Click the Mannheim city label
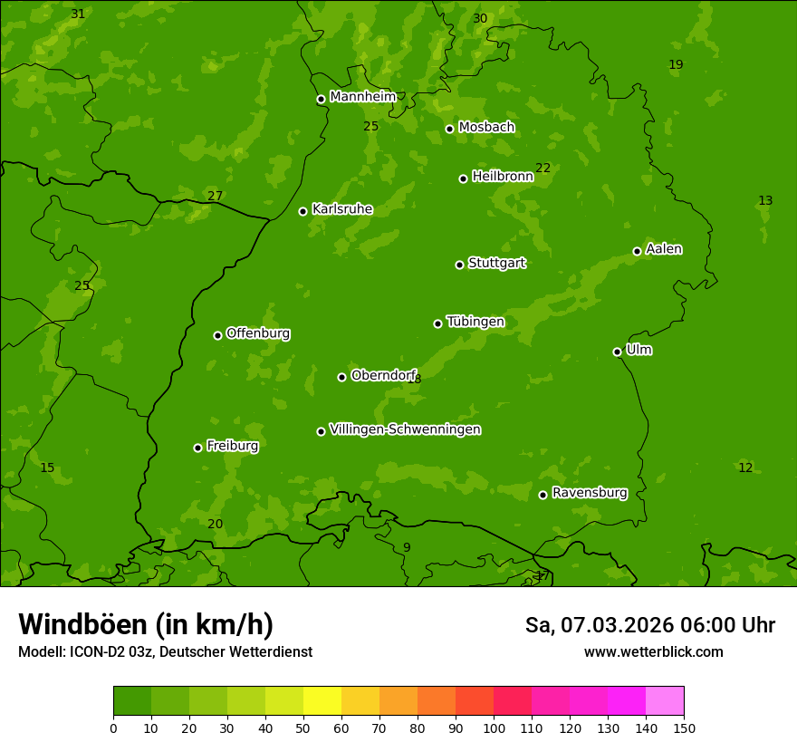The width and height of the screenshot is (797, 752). point(362,97)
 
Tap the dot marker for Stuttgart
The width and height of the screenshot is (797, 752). point(459,265)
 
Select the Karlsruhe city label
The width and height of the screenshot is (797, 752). point(341,209)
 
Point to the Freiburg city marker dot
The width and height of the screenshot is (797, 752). point(197,448)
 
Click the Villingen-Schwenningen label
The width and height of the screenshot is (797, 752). point(405,429)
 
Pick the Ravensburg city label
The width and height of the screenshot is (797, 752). point(589,493)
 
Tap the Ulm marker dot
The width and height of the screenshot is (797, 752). point(617,352)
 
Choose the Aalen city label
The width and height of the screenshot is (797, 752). point(663,249)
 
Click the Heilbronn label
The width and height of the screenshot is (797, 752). point(502,177)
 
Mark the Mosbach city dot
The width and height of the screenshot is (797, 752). point(449,129)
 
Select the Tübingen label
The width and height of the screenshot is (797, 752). point(475,322)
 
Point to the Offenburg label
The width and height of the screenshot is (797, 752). point(257,333)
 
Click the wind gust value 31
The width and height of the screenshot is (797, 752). point(78,14)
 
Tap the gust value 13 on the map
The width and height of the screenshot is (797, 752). point(765,200)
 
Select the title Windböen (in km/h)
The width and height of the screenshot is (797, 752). point(146,624)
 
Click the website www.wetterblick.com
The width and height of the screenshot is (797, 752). point(653,651)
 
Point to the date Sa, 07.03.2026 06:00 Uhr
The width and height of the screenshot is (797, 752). point(649,625)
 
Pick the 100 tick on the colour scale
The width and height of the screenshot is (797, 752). point(494,728)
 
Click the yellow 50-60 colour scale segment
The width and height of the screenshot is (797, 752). point(322,701)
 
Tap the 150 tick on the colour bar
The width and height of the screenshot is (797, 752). point(684,728)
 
